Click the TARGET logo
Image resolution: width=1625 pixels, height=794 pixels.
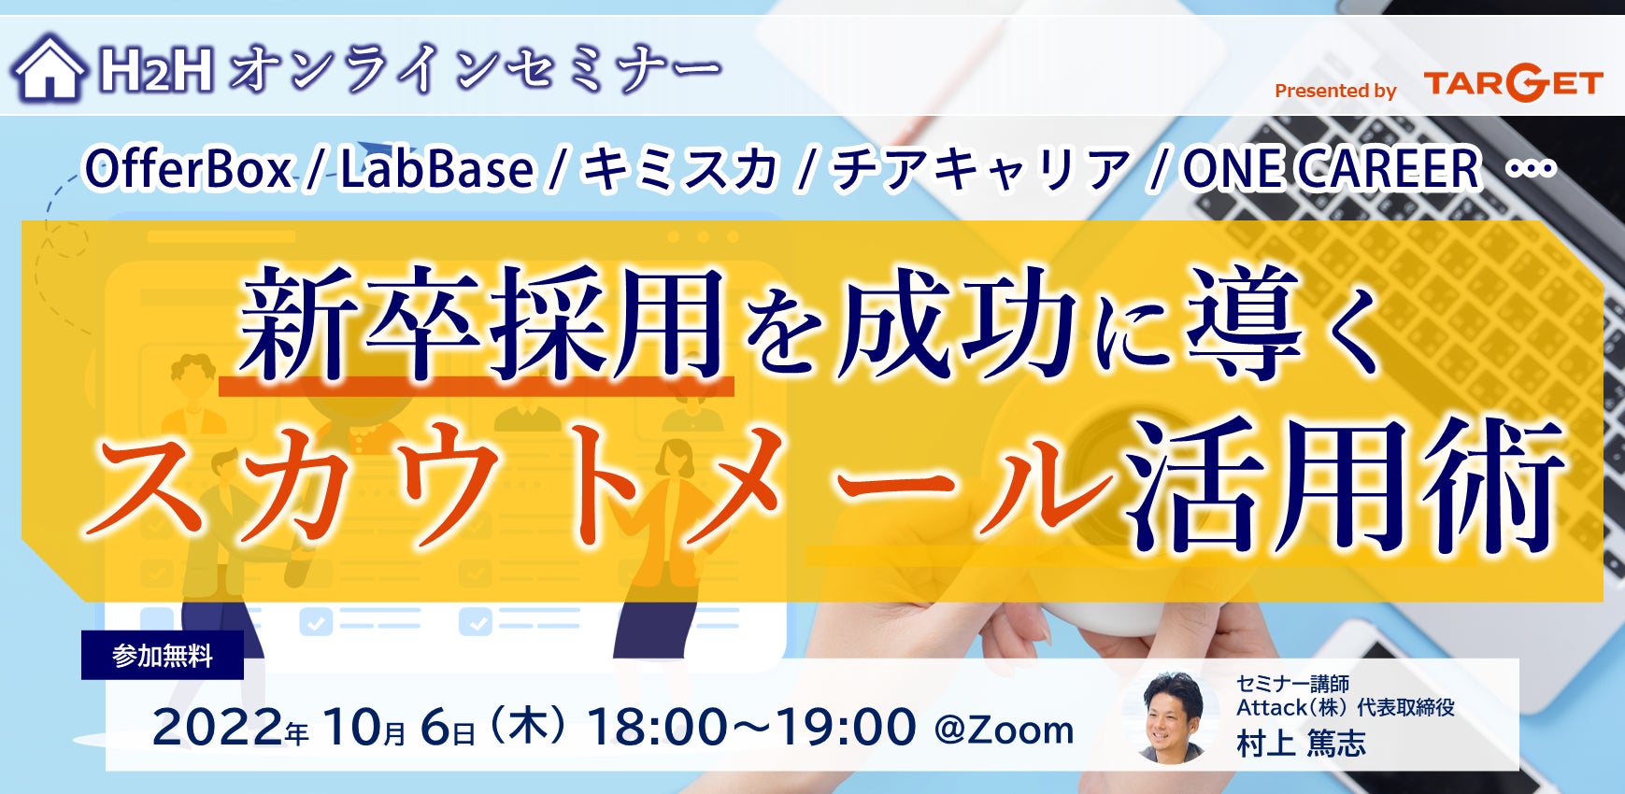pyautogui.click(x=1514, y=83)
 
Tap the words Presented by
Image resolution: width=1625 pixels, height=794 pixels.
pyautogui.click(x=1335, y=91)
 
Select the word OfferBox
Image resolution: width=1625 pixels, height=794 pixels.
pyautogui.click(x=188, y=170)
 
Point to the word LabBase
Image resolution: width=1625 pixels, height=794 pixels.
pyautogui.click(x=436, y=170)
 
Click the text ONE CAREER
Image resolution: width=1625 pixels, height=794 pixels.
pyautogui.click(x=1332, y=169)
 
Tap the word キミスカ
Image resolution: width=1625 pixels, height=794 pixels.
pyautogui.click(x=680, y=170)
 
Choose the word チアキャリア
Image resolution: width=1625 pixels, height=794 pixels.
pyautogui.click(x=980, y=170)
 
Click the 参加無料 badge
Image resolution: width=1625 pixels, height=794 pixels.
pyautogui.click(x=163, y=655)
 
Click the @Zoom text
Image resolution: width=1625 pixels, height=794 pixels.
pyautogui.click(x=1004, y=730)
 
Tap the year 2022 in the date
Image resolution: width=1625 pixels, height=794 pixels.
pyautogui.click(x=218, y=727)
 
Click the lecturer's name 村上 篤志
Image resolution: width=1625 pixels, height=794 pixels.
pyautogui.click(x=1301, y=744)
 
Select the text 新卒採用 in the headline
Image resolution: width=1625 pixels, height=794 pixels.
pyautogui.click(x=482, y=322)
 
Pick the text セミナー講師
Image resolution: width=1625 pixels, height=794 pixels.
pyautogui.click(x=1292, y=684)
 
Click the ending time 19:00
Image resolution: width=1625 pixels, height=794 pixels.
pyautogui.click(x=847, y=727)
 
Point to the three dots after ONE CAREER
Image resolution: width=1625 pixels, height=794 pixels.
pyautogui.click(x=1532, y=169)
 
